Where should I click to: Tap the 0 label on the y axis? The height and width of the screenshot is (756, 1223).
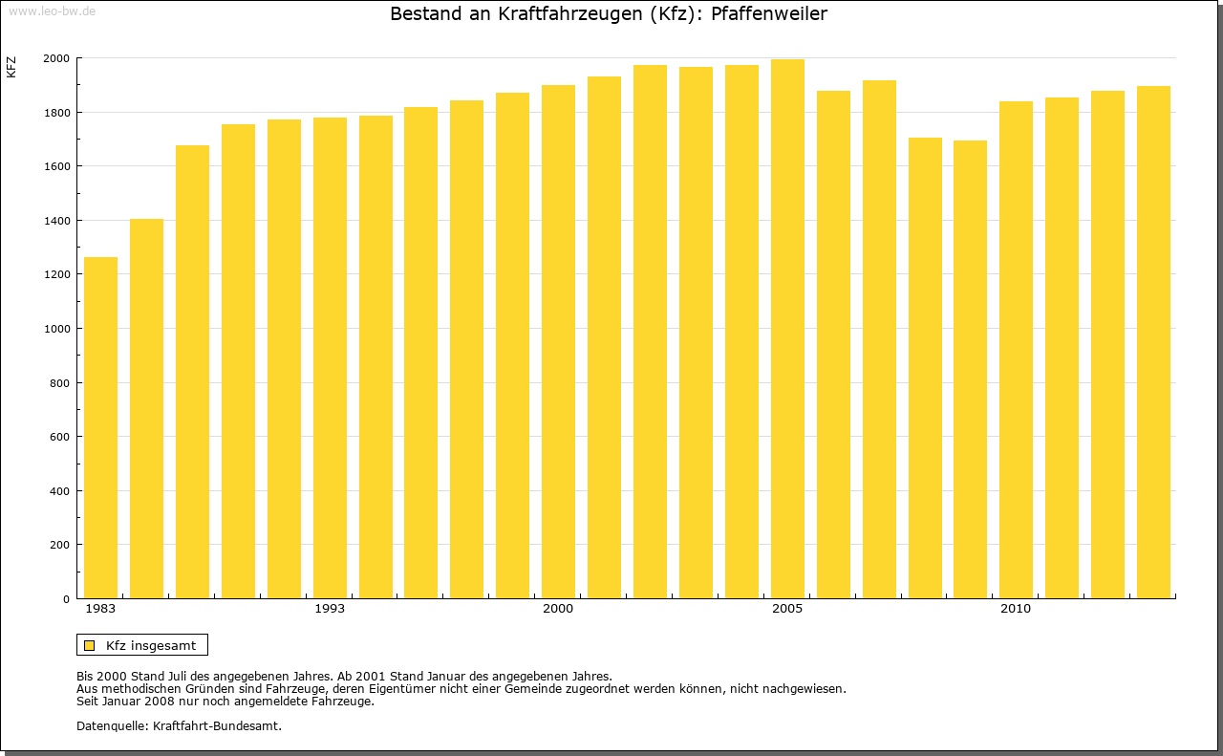click(65, 599)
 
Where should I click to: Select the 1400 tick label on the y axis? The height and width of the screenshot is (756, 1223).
click(56, 221)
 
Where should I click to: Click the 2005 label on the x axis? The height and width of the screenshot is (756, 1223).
click(787, 609)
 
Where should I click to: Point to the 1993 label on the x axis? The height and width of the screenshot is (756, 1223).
click(330, 609)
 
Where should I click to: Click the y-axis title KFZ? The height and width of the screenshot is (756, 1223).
click(11, 67)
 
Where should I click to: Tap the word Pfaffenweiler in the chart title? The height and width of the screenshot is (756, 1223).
click(769, 14)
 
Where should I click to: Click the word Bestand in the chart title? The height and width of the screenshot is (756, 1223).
click(423, 14)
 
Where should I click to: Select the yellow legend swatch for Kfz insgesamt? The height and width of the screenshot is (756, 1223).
click(89, 645)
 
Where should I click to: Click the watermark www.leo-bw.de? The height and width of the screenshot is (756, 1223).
click(52, 10)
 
